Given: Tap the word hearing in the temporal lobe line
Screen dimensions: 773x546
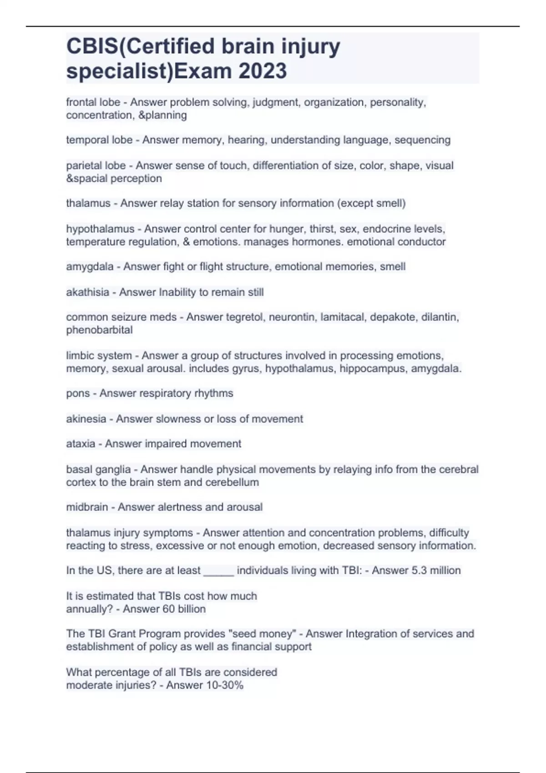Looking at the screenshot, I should (x=246, y=140).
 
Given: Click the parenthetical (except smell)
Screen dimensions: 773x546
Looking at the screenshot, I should (x=371, y=203).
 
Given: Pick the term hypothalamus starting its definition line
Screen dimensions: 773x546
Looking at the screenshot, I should (x=100, y=229).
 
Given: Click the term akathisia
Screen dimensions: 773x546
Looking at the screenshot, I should (x=87, y=292).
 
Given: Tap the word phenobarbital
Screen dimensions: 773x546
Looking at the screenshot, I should (x=99, y=330).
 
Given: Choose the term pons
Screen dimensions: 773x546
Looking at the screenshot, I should (x=78, y=393).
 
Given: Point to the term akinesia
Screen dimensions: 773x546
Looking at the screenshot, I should (x=86, y=419).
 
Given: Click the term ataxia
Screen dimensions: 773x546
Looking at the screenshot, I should (x=81, y=444).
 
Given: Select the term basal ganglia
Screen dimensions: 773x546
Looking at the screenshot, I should (x=98, y=469).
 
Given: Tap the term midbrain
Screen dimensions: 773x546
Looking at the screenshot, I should (x=87, y=507).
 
